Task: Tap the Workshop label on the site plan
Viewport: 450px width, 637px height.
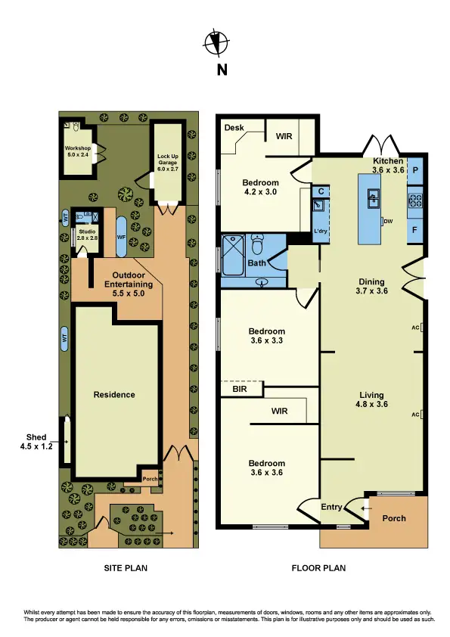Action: click(x=77, y=151)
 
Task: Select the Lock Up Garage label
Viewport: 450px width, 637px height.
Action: click(x=168, y=163)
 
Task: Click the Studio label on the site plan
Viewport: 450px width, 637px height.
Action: click(x=86, y=235)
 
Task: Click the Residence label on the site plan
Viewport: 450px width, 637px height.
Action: click(x=114, y=394)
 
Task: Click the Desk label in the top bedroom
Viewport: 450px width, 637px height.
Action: click(x=233, y=128)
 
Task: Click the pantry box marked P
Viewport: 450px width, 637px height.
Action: click(x=415, y=170)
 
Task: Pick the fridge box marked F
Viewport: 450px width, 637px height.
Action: click(x=415, y=228)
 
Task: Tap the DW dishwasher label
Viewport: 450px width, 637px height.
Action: click(x=389, y=221)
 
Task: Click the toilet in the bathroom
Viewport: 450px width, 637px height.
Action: click(x=259, y=245)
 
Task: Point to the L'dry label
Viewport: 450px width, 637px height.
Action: click(x=319, y=230)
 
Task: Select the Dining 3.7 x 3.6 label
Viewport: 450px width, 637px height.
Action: click(x=372, y=285)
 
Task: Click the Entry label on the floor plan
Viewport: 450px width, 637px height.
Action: click(x=332, y=507)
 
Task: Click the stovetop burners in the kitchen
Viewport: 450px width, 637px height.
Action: click(x=415, y=200)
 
